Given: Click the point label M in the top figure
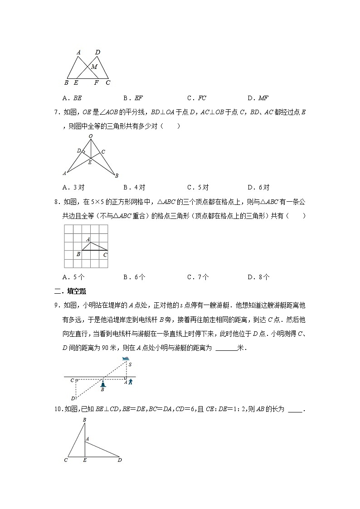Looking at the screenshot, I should coord(94,67).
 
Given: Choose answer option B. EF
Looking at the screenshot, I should coord(132,97).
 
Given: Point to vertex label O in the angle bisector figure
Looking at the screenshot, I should coord(90,136).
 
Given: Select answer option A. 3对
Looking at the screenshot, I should coord(73,187).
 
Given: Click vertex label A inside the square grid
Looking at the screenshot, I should coord(88,239).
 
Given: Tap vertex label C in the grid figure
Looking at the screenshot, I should coord(105,255).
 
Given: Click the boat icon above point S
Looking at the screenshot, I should coord(126,359).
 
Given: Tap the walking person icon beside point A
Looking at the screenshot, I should coord(131,382).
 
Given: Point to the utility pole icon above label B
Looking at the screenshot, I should coord(103,383).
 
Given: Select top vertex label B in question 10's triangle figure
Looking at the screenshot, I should coord(84,420).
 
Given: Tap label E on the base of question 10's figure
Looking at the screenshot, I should coord(85,460).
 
